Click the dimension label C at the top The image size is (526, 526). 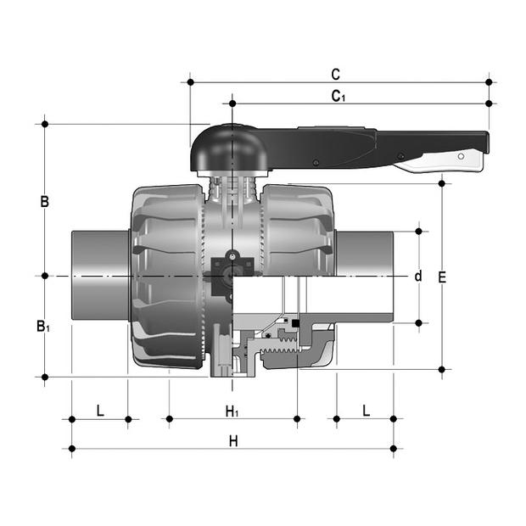(x=336, y=74)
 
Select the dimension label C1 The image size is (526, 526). (x=338, y=96)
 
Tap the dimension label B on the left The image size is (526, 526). (x=44, y=202)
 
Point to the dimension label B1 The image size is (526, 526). (x=42, y=326)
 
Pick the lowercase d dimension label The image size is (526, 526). (x=417, y=276)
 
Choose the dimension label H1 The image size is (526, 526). (x=232, y=411)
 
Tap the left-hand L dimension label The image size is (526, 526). (x=100, y=411)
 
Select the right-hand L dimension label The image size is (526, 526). (x=366, y=411)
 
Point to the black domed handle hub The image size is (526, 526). (x=231, y=148)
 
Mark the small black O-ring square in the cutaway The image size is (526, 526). (x=296, y=323)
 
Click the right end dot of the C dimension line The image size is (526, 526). (x=489, y=82)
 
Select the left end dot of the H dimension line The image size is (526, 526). (x=72, y=448)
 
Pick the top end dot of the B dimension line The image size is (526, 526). (x=44, y=125)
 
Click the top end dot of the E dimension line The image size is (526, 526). (x=442, y=182)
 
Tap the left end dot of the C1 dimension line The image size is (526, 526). (x=232, y=104)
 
